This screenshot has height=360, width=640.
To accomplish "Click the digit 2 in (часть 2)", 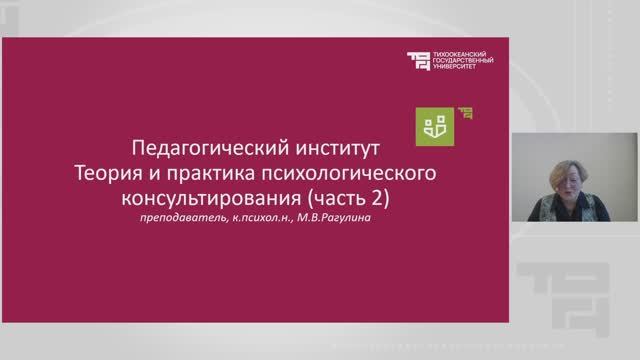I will (x=377, y=197).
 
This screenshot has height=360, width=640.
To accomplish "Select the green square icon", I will (x=435, y=125).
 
